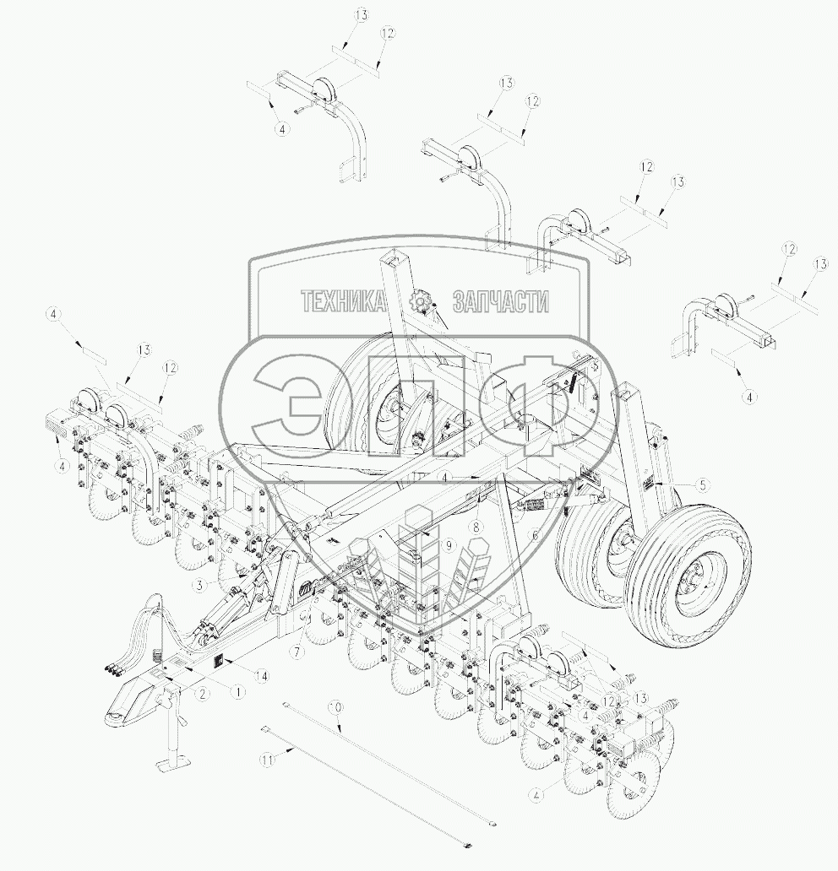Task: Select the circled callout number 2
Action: coord(204,693)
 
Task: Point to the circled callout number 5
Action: coord(702,484)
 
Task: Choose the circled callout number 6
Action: coord(535,535)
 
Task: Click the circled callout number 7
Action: coord(297,652)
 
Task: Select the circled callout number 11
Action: coord(268,759)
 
